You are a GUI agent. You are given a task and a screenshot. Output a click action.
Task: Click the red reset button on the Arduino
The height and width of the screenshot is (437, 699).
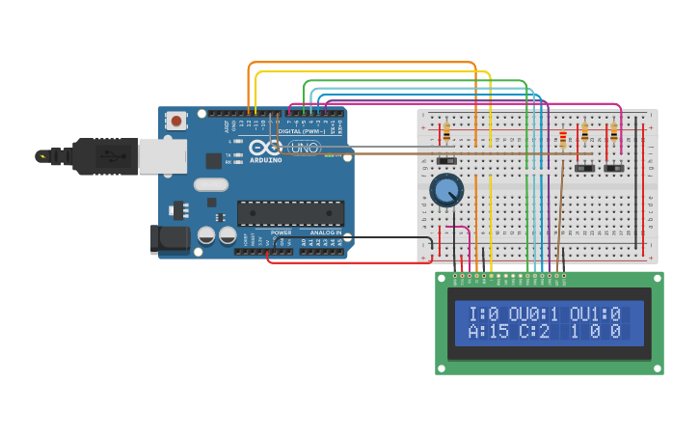point(176,121)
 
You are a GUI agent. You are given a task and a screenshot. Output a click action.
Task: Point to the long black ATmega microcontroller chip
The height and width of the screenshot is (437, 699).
point(290,212)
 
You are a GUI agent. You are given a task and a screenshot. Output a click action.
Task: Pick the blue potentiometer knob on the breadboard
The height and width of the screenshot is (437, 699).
point(446,190)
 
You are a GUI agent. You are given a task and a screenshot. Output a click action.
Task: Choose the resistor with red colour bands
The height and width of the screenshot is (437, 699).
point(563,141)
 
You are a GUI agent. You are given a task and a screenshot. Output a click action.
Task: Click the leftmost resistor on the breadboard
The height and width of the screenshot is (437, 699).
point(446,131)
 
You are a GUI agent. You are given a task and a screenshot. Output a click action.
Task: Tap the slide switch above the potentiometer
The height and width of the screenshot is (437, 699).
point(446,159)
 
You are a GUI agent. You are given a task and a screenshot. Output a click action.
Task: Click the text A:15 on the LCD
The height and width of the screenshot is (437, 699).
point(488,332)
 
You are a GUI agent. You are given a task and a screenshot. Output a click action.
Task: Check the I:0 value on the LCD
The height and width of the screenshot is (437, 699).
point(483,314)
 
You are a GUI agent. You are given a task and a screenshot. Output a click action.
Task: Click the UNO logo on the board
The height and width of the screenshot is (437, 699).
point(304,148)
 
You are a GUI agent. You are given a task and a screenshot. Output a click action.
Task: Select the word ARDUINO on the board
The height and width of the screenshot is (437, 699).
point(266,160)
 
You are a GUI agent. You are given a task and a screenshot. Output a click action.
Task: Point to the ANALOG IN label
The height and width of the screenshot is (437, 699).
point(326,232)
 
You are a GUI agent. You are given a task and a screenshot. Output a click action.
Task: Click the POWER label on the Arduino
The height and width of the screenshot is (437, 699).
point(281,232)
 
